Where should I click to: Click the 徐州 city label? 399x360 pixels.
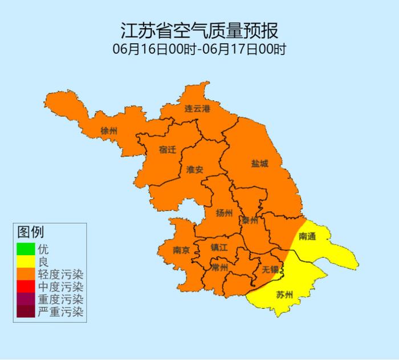[x=108, y=131]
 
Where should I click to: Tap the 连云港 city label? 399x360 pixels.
[x=198, y=109]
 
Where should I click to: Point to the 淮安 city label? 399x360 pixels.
[x=195, y=169]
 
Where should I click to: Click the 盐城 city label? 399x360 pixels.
[x=259, y=163]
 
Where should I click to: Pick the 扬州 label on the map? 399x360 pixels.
[x=224, y=213]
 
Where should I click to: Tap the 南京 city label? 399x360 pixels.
[x=182, y=249]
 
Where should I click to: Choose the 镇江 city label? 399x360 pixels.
[x=219, y=247]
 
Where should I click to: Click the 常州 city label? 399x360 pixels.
[x=219, y=267]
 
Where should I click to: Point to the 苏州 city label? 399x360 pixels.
[x=284, y=294]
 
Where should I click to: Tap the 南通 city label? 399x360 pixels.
[x=307, y=236]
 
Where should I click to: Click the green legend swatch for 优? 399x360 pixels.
[x=25, y=249]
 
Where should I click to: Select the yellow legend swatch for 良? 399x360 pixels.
[x=25, y=261]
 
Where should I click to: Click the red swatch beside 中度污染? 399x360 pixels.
[x=25, y=287]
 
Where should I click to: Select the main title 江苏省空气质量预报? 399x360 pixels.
[x=199, y=30]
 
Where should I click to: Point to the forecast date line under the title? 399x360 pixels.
[x=199, y=48]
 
